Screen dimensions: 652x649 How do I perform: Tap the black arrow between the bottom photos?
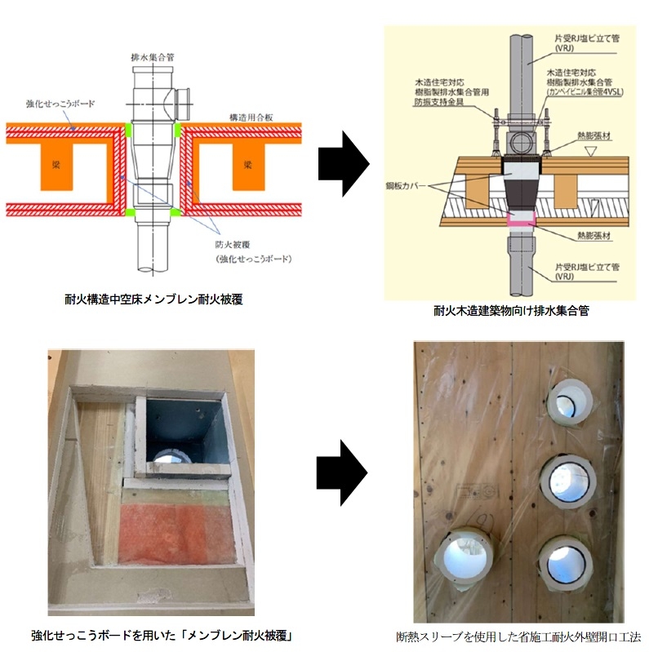click(x=343, y=484)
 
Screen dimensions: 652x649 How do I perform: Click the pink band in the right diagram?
click(x=519, y=218)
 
